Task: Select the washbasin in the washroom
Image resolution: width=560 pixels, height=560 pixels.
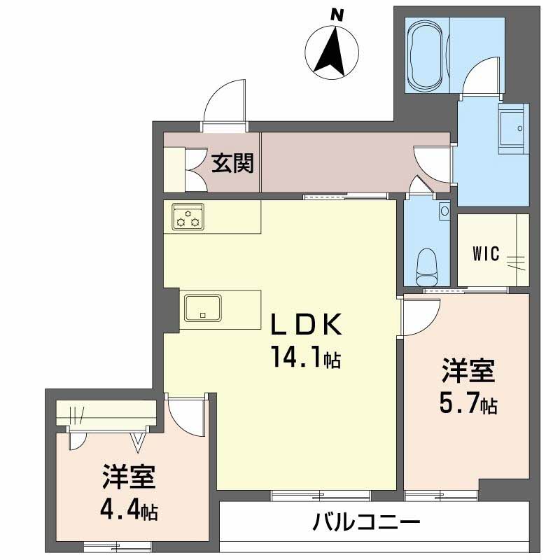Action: [x=514, y=129]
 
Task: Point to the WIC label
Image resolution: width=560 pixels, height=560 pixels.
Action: [x=485, y=253]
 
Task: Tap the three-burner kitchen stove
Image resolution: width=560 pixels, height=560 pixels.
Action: [x=188, y=217]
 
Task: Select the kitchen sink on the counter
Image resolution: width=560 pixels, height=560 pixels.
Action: [x=203, y=307]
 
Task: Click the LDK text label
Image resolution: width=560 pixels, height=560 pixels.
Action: [x=307, y=325]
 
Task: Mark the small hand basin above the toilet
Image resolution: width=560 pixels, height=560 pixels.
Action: [x=444, y=209]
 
